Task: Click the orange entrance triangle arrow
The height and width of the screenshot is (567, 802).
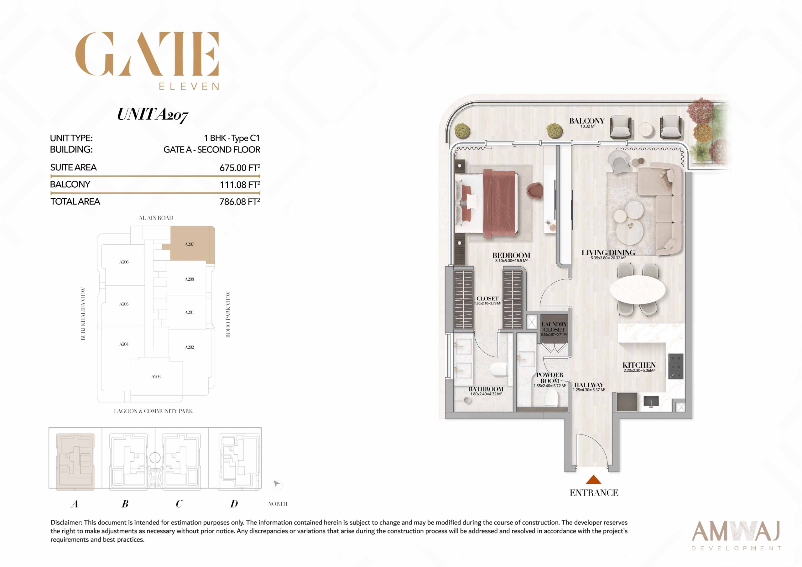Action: pos(593,479)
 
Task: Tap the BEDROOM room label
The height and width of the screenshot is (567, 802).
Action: pos(511,255)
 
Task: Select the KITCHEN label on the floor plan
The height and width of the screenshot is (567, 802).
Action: pos(639,365)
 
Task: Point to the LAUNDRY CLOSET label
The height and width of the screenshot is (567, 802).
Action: pos(554,327)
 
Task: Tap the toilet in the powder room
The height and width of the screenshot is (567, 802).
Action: pos(552,398)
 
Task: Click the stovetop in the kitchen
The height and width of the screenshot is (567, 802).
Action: pos(675,367)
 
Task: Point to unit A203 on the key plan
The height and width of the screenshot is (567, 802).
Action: pos(156,377)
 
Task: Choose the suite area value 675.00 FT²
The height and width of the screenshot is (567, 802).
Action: pos(240,168)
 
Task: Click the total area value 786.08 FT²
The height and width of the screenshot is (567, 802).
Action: pos(240,201)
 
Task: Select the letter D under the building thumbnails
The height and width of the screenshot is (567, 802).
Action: pos(234,504)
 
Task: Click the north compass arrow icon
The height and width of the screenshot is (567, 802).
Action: pos(277,484)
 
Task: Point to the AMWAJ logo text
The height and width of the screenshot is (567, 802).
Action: pos(736,531)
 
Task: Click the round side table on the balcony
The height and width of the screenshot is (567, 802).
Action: pos(645,130)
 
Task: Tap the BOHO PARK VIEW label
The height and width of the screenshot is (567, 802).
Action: pos(228,315)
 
